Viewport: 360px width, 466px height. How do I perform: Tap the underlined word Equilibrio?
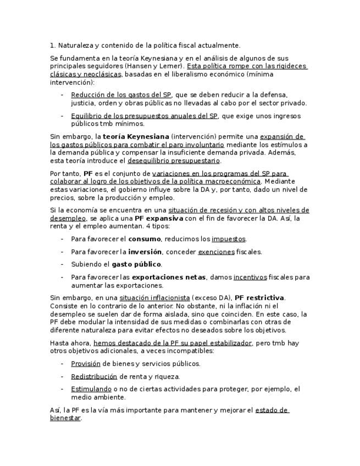pyautogui.click(x=88, y=115)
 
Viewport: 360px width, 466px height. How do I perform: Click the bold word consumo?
pyautogui.click(x=144, y=238)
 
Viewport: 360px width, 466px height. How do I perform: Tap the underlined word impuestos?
pyautogui.click(x=229, y=238)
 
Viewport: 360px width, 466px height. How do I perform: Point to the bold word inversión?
pyautogui.click(x=145, y=252)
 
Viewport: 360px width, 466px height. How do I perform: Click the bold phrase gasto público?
pyautogui.click(x=136, y=264)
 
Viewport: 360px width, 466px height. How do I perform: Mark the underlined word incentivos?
pyautogui.click(x=250, y=277)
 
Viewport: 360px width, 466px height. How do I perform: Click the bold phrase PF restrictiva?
pyautogui.click(x=259, y=298)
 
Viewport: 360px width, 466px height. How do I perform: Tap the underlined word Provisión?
pyautogui.click(x=86, y=363)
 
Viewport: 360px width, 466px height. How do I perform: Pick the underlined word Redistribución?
pyautogui.click(x=94, y=376)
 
